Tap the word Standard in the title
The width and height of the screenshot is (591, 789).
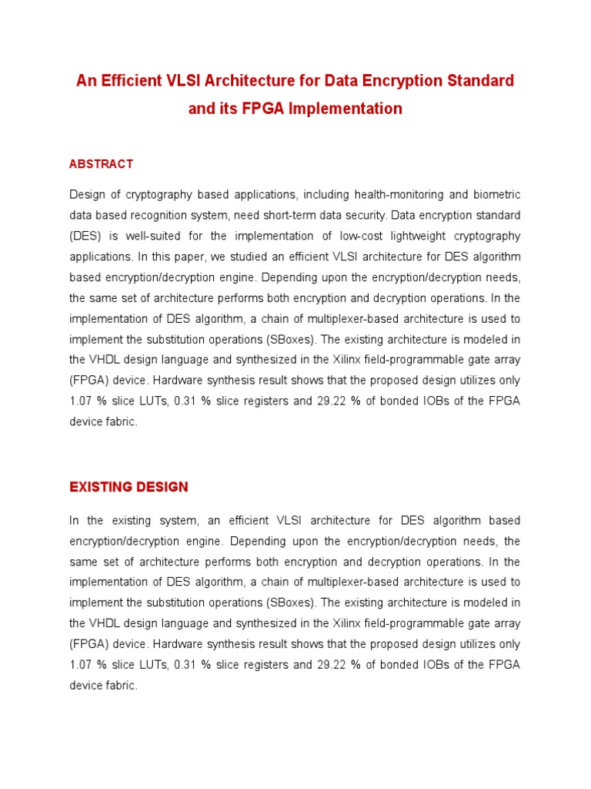pyautogui.click(x=477, y=81)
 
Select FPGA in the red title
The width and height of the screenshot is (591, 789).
pyautogui.click(x=242, y=109)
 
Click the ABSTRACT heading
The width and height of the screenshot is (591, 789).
pyautogui.click(x=101, y=164)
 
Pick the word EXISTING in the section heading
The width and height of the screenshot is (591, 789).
pyautogui.click(x=101, y=487)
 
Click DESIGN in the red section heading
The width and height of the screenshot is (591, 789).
pyautogui.click(x=162, y=487)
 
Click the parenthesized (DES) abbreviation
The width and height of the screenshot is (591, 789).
pyautogui.click(x=85, y=235)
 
